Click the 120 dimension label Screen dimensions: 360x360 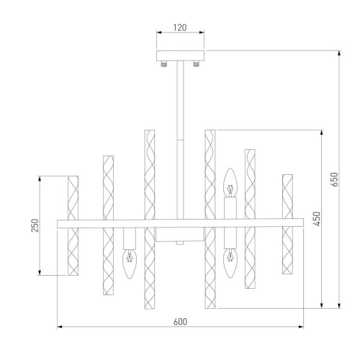point(180,28)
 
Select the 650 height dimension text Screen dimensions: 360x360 point(333,179)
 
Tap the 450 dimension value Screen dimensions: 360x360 point(316,219)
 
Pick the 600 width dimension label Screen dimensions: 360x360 point(180,322)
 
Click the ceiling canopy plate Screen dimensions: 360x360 point(180,55)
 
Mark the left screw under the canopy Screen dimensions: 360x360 point(165,65)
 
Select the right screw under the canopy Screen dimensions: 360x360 point(195,65)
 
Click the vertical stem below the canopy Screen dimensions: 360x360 point(180,137)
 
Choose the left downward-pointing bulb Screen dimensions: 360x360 point(130,265)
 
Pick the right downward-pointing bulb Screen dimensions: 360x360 point(230,265)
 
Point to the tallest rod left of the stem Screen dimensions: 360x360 point(149,220)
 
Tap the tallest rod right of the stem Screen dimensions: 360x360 point(210,220)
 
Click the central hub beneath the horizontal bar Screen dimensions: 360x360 point(180,237)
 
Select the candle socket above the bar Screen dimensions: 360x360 point(230,207)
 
